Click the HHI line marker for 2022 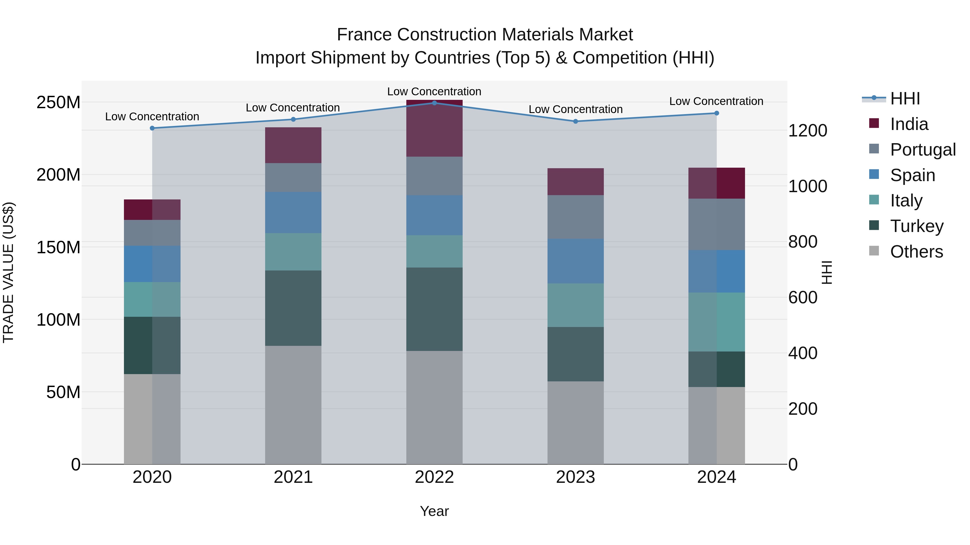[434, 103]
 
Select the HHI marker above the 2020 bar [152, 128]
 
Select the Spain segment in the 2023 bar [575, 261]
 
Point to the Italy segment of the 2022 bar [434, 251]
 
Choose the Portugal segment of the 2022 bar [434, 176]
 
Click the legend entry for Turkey [917, 226]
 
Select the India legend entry [909, 124]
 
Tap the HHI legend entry [905, 99]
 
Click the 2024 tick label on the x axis [716, 477]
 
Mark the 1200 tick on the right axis [807, 131]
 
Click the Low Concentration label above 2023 [575, 110]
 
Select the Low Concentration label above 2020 [152, 117]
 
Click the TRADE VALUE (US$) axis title [8, 272]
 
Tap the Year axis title [434, 511]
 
